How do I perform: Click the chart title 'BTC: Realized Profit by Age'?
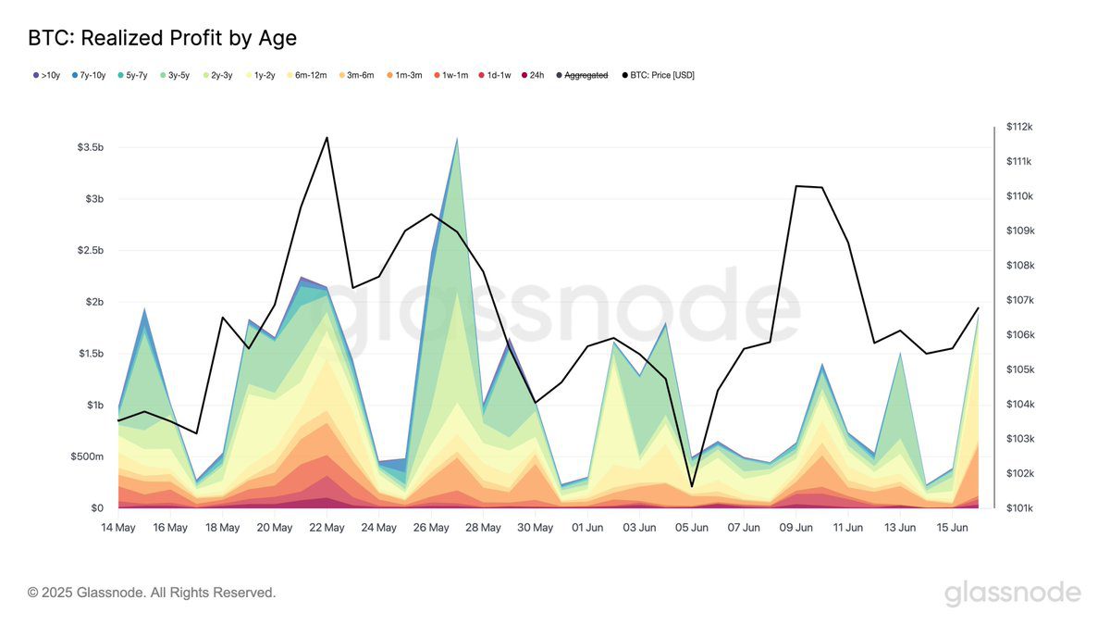[x=162, y=38]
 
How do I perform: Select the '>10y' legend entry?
[x=46, y=75]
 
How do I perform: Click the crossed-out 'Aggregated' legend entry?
[x=586, y=75]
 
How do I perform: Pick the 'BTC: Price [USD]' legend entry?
[x=661, y=75]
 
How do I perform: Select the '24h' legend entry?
[x=536, y=75]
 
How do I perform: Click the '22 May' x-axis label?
[x=327, y=528]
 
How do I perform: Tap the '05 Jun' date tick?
[x=692, y=528]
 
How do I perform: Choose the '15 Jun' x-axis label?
[x=953, y=528]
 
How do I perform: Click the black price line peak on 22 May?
[x=327, y=138]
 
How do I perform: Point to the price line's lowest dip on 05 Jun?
[x=692, y=486]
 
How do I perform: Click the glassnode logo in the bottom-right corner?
[x=1012, y=593]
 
